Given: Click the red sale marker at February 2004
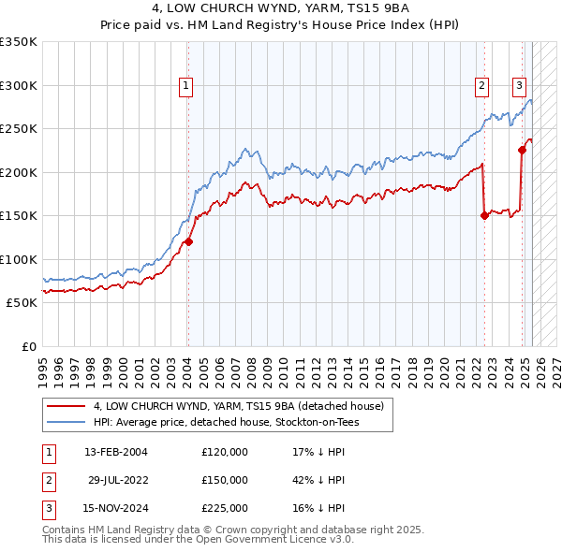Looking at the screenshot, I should [188, 241].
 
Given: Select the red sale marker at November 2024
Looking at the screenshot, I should [522, 150].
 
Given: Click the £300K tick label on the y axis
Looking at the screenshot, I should [19, 85].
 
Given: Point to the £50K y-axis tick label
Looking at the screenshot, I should [22, 303].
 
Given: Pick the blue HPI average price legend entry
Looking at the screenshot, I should [226, 423].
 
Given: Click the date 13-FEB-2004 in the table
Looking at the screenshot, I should [116, 452].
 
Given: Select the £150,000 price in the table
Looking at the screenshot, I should [225, 480].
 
